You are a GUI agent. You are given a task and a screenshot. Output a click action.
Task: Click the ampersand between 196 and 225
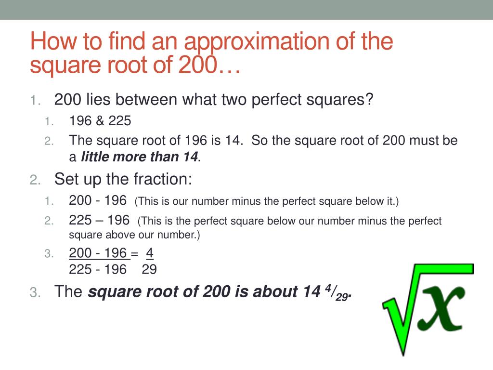coord(100,121)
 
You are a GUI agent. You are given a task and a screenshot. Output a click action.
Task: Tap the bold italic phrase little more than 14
coord(140,157)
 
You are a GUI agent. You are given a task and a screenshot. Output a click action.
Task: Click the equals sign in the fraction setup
coord(134,253)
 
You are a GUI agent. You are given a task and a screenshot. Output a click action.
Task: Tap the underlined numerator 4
coord(150,253)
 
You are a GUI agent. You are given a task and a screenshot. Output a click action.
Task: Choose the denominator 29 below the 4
coord(149,269)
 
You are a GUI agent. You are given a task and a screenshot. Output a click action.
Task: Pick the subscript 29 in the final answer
coord(341,296)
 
